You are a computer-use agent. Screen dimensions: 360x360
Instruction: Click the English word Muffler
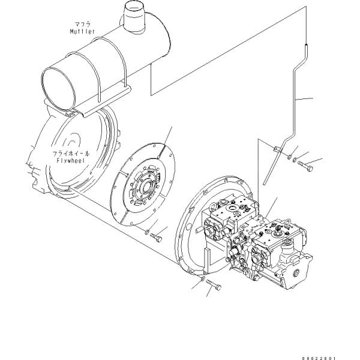point(82,31)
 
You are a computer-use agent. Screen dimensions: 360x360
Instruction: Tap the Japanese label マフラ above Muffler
point(83,24)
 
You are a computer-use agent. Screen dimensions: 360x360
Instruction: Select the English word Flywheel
point(71,160)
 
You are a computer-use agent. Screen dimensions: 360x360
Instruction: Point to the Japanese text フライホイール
point(71,154)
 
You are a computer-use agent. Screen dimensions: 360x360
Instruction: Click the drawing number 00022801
point(319,358)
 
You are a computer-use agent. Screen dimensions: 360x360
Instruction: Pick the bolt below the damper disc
point(156,238)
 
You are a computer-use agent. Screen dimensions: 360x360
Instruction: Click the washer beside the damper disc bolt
point(147,232)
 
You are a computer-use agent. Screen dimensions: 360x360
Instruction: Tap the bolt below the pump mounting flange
point(214,285)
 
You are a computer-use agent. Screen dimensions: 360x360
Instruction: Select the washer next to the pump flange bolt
point(203,278)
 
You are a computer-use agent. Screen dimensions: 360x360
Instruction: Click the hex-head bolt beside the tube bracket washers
point(305,166)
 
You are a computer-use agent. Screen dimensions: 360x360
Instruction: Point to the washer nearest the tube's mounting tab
point(290,157)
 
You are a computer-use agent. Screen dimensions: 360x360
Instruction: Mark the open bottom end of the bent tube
point(265,183)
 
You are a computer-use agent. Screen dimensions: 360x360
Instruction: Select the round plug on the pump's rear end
point(296,273)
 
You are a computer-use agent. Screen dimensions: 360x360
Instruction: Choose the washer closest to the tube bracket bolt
point(295,160)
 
